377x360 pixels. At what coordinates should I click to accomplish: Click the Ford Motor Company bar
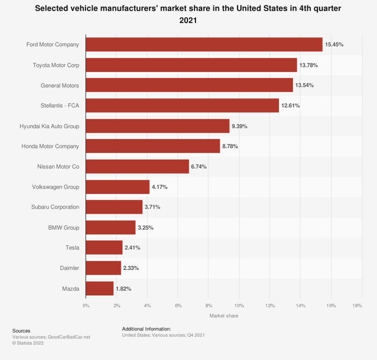click(204, 44)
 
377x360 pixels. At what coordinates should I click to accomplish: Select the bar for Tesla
click(104, 247)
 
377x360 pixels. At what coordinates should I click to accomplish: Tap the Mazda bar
click(100, 288)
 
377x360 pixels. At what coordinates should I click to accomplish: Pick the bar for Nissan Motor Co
click(137, 167)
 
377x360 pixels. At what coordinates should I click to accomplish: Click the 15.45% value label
click(334, 44)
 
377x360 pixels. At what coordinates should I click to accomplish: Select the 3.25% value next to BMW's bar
click(145, 227)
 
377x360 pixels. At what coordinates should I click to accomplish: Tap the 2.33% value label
click(131, 268)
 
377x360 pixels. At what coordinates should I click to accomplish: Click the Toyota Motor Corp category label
click(56, 65)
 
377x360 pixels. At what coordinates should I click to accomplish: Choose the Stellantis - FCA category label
click(60, 106)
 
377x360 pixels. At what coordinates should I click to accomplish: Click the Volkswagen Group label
click(56, 187)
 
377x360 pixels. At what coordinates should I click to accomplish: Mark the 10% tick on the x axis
click(239, 306)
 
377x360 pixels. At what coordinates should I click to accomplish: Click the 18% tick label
click(357, 306)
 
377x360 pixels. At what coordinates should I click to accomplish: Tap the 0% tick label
click(86, 306)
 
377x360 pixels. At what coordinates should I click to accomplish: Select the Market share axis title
click(224, 316)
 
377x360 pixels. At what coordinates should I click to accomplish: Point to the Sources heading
click(22, 330)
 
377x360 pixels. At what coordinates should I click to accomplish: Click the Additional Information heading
click(146, 328)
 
